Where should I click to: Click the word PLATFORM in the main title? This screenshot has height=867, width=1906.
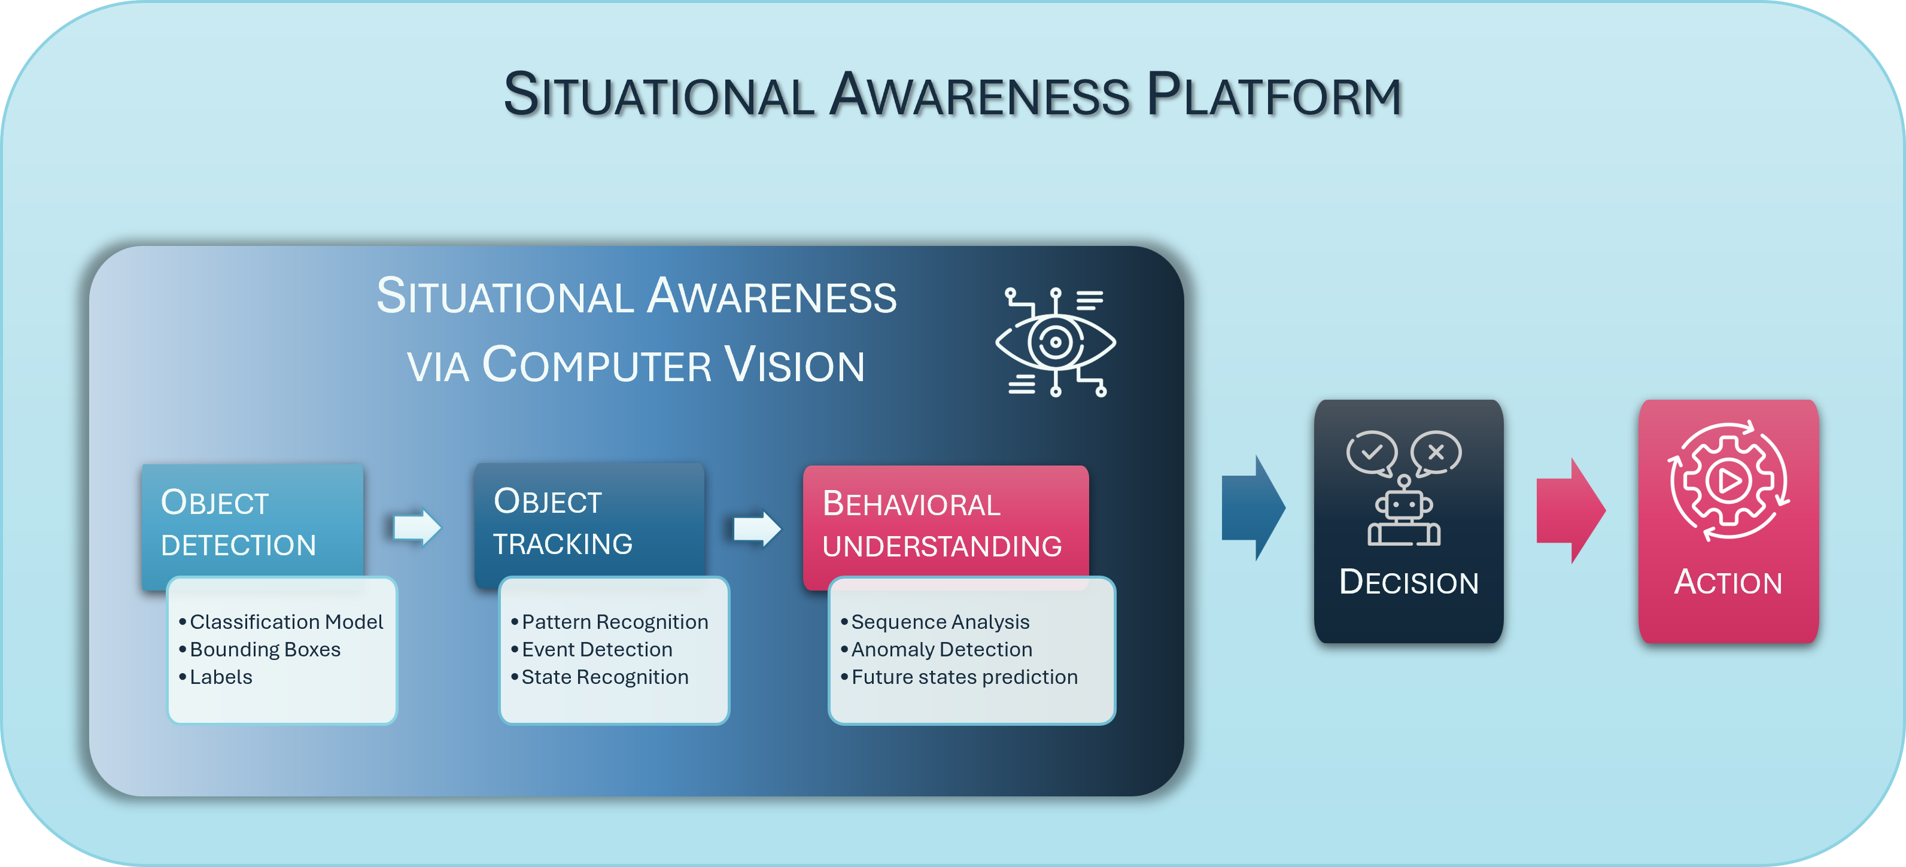[1273, 96]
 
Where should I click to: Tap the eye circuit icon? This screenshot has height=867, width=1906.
[1055, 342]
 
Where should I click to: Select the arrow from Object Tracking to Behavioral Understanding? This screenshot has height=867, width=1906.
[757, 529]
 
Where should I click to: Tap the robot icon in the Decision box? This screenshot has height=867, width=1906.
[1403, 513]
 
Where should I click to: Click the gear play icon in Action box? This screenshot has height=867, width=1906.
[1728, 481]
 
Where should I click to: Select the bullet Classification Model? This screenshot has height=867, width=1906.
[285, 622]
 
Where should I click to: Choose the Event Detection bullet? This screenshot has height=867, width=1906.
[597, 650]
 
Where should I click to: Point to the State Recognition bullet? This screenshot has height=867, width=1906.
[604, 677]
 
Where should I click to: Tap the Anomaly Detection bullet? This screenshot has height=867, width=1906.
[941, 650]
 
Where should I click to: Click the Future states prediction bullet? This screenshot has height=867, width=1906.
[964, 677]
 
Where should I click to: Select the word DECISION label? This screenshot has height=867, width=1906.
[1409, 582]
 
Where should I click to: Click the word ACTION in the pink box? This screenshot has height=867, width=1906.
[1728, 582]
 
